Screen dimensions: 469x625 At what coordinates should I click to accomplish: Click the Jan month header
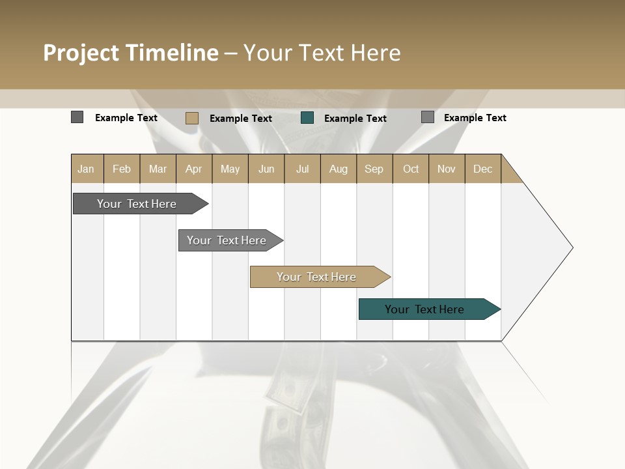click(87, 169)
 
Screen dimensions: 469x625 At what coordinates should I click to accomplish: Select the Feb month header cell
click(122, 169)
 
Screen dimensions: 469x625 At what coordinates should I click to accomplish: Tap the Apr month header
click(194, 169)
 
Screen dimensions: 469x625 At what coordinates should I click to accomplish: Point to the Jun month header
click(266, 169)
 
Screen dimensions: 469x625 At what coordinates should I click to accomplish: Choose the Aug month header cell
click(339, 169)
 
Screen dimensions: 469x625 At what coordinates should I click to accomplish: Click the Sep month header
click(374, 169)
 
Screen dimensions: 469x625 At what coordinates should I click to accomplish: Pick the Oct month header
click(411, 169)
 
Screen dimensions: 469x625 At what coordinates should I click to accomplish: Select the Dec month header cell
click(483, 169)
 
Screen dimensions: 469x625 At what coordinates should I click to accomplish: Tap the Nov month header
click(447, 169)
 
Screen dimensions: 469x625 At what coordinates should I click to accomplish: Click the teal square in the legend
click(307, 118)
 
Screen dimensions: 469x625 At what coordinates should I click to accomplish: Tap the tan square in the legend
click(192, 118)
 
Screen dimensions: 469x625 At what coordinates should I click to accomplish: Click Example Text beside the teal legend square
click(355, 119)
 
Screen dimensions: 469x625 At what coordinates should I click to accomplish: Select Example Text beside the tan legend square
click(241, 119)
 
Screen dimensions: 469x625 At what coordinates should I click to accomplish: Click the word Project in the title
click(81, 53)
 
